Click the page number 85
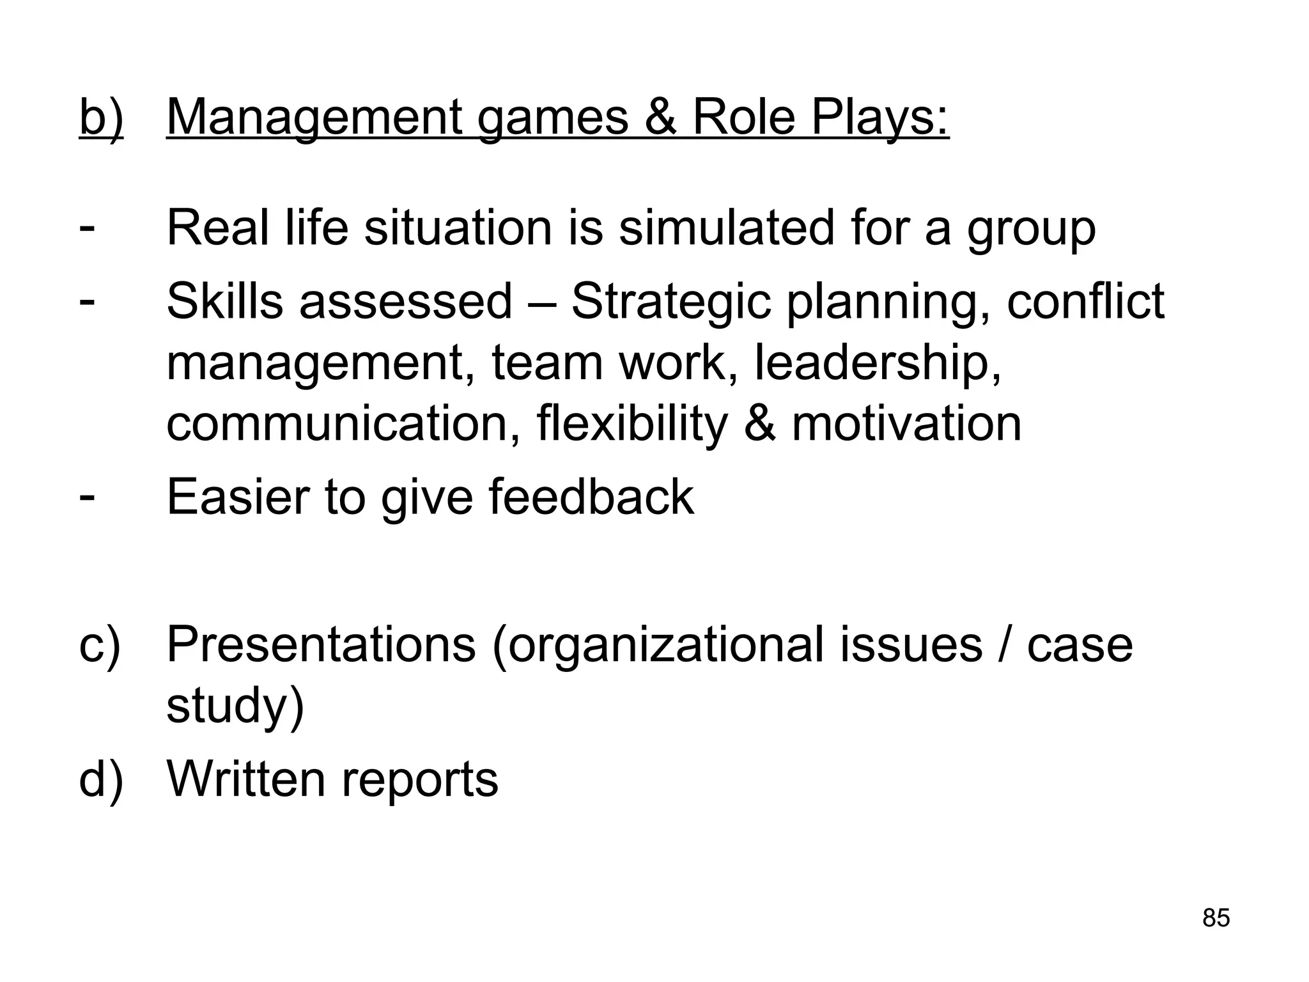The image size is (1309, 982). [1216, 917]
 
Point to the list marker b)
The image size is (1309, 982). [101, 118]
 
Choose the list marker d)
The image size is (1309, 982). [100, 779]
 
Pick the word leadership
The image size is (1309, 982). [878, 362]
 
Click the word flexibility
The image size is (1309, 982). [632, 423]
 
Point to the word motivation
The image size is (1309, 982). [906, 423]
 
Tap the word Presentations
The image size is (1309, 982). [321, 644]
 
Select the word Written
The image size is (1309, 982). [246, 778]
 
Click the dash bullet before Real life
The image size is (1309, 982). [88, 227]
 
